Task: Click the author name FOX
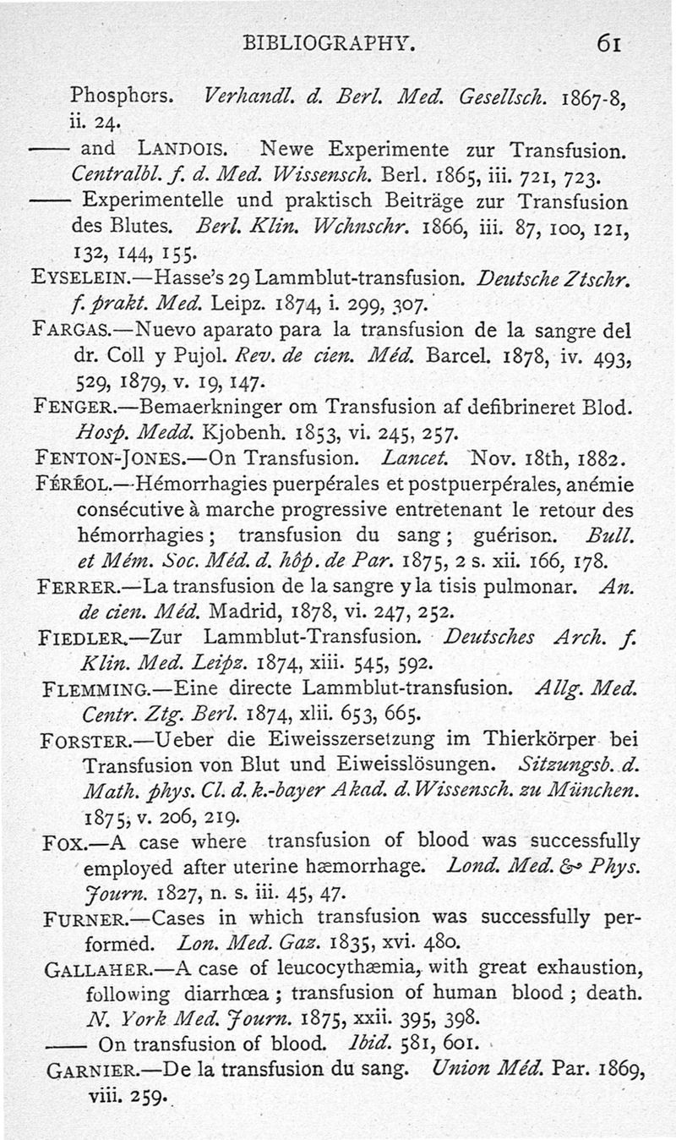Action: pos(59,843)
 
